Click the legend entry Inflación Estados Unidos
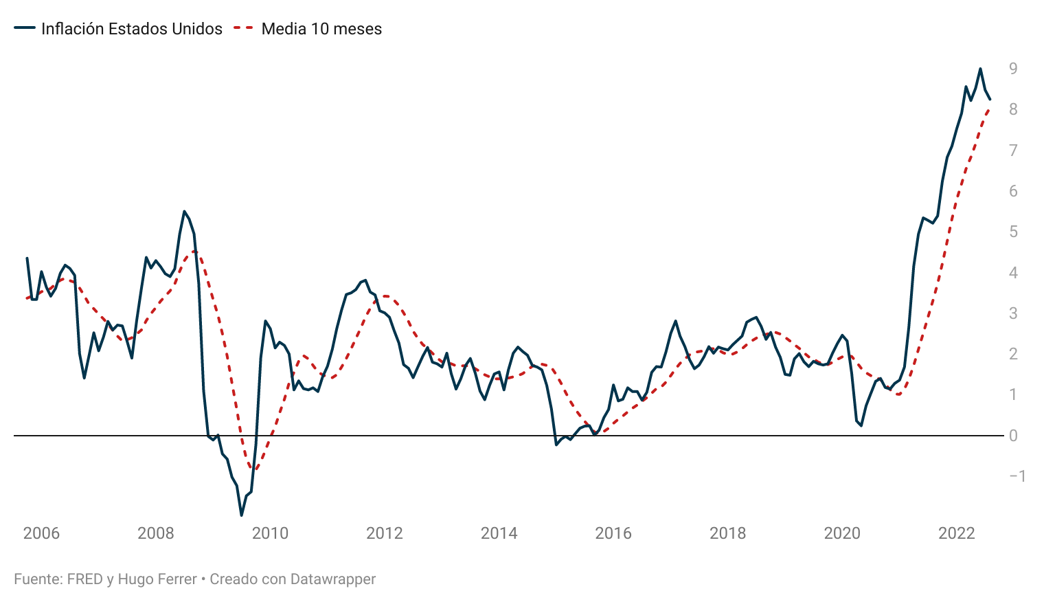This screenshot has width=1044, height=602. [131, 29]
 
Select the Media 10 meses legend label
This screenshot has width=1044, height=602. [321, 29]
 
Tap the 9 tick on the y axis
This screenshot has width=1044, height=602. [1013, 68]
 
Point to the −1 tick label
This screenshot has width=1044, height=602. [1017, 476]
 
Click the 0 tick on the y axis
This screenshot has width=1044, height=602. [1013, 436]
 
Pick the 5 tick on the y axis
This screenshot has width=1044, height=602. [1013, 232]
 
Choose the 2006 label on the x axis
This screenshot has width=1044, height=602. [41, 533]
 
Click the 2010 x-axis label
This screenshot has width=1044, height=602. [270, 533]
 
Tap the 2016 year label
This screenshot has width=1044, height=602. [613, 533]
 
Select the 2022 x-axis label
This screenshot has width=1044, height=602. [956, 533]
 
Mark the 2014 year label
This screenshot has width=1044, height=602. [499, 533]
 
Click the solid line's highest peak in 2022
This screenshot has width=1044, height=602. [980, 69]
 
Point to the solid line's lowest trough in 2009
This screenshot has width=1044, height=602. [241, 515]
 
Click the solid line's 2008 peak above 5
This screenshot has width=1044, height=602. [184, 212]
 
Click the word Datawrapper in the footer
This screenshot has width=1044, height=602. [333, 579]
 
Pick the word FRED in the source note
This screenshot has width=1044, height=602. [84, 579]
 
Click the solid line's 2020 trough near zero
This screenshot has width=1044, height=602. [861, 425]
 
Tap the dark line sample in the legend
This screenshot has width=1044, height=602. [25, 29]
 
